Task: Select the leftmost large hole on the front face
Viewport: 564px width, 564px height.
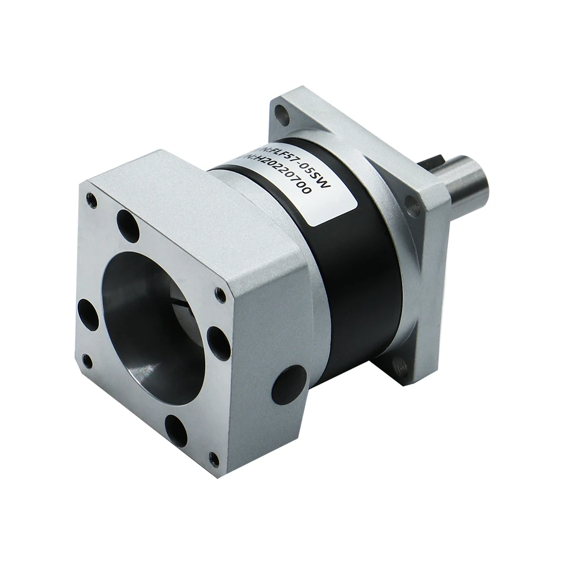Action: (88, 312)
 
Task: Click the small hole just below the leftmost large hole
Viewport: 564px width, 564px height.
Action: (87, 360)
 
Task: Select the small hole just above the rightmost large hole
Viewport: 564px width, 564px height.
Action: (221, 295)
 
